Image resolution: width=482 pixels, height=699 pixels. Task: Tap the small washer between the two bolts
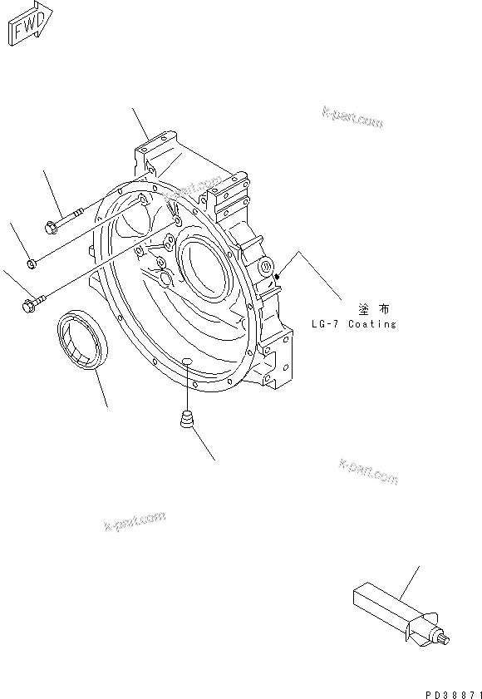(x=30, y=263)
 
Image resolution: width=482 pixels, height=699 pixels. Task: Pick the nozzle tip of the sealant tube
(x=447, y=639)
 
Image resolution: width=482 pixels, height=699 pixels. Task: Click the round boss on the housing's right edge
(x=267, y=266)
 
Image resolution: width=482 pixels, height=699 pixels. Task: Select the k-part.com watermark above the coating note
(x=350, y=119)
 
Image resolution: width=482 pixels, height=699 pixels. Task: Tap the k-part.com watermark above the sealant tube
(x=368, y=471)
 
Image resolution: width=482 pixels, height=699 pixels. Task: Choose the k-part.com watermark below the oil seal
(x=134, y=523)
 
